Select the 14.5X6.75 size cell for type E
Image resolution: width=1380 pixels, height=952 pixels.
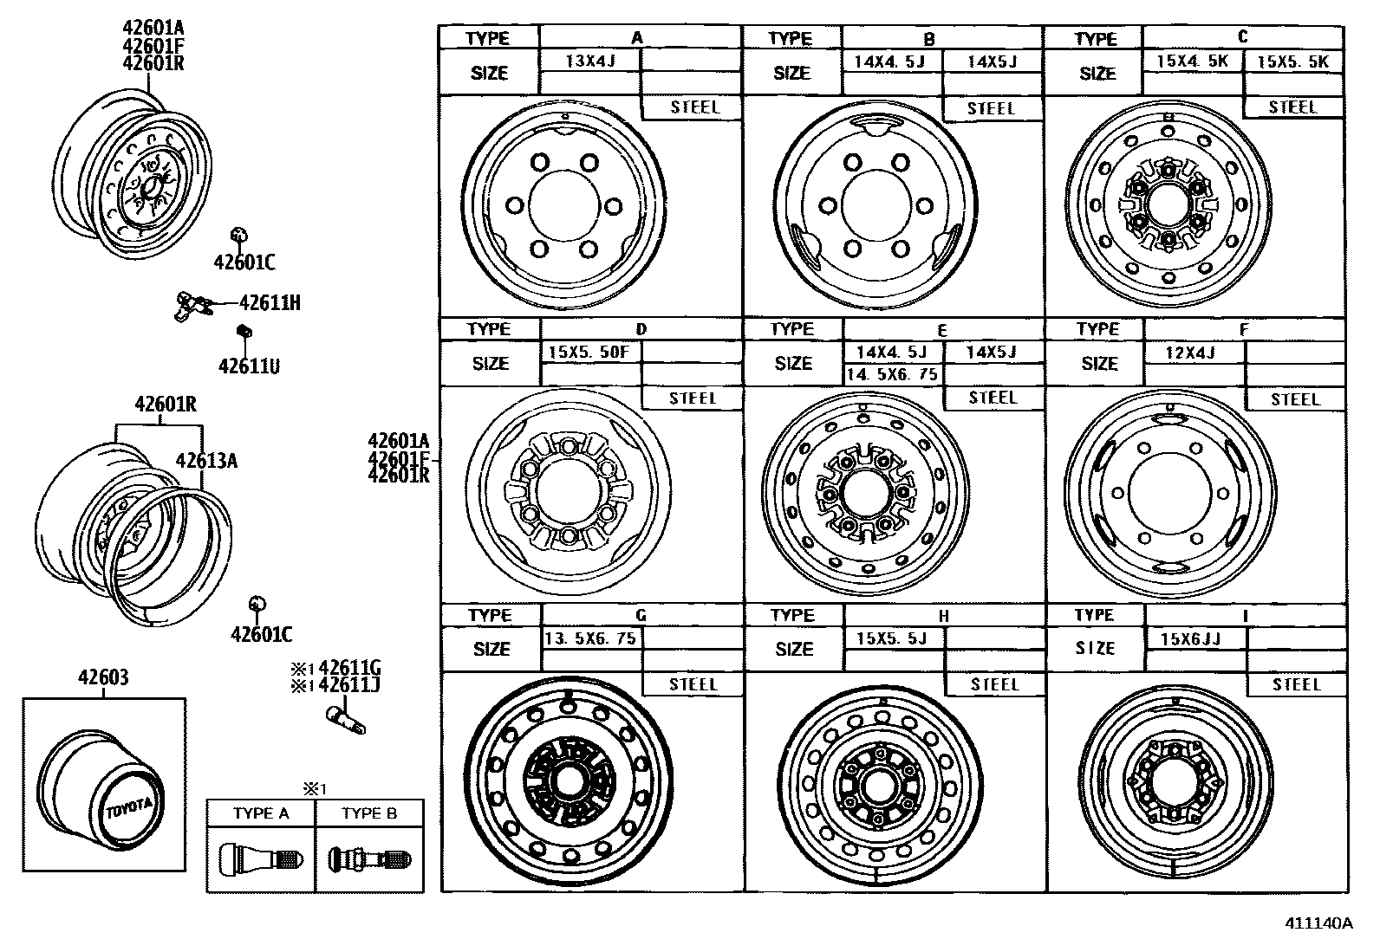click(x=892, y=375)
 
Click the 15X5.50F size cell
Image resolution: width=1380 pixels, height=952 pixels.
click(x=589, y=353)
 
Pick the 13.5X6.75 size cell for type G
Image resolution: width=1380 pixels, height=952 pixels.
click(x=591, y=638)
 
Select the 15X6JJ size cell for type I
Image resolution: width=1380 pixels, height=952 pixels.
click(x=1194, y=639)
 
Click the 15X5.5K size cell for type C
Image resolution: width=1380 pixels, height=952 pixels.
click(x=1292, y=62)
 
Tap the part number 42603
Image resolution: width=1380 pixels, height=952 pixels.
click(x=103, y=678)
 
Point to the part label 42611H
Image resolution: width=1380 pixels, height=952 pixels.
click(x=270, y=302)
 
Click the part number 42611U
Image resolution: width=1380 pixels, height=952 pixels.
click(x=249, y=366)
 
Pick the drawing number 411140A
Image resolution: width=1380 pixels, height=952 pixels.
click(x=1318, y=923)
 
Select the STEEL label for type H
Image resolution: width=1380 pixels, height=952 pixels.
click(x=994, y=684)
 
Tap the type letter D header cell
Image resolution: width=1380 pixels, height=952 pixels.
click(x=641, y=329)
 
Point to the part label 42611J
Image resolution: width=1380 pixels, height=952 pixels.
click(x=350, y=685)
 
